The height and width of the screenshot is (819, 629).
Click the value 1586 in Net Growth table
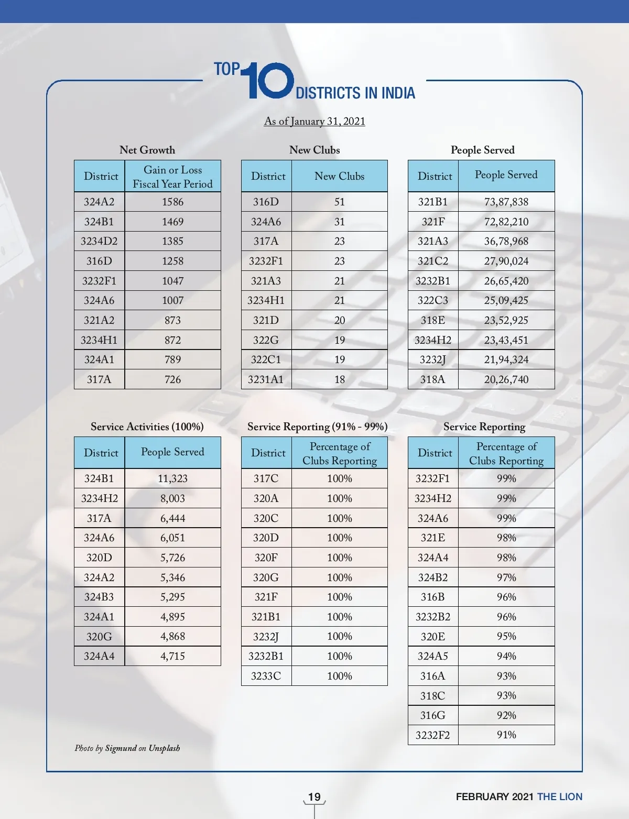(x=172, y=202)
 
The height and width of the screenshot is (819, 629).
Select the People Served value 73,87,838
(x=506, y=202)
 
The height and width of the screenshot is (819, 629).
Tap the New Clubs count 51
(x=339, y=202)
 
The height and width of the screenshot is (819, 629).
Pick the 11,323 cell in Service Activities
(x=172, y=478)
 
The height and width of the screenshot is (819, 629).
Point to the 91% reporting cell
(x=506, y=735)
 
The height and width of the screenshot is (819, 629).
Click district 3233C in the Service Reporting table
(x=266, y=676)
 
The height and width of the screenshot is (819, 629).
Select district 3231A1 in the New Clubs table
(x=266, y=379)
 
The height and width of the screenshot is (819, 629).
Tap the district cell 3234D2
(x=99, y=241)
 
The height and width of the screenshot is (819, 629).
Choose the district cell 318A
(x=432, y=379)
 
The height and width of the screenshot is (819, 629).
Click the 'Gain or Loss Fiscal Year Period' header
(x=172, y=177)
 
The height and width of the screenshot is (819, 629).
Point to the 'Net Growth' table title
(x=147, y=150)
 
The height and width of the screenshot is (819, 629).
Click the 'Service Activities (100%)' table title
(x=147, y=427)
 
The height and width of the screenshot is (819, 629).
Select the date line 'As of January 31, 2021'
(x=314, y=121)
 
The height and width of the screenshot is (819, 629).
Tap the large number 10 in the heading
(x=269, y=81)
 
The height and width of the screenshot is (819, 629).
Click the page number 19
(x=314, y=797)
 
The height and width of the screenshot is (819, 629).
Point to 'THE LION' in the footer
(x=559, y=797)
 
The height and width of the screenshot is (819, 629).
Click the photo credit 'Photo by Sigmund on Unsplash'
(x=127, y=748)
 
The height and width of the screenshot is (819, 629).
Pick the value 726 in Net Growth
(x=172, y=379)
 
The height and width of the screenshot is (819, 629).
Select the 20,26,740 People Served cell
(x=506, y=379)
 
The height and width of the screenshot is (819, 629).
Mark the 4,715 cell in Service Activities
(x=172, y=656)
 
